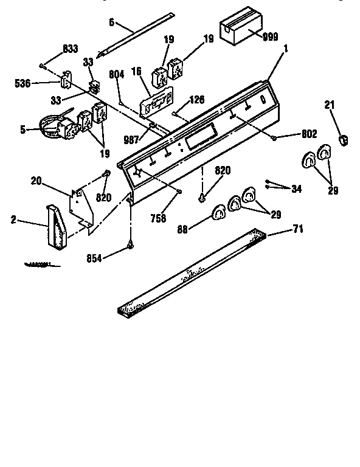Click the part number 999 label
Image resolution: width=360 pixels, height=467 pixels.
click(271, 37)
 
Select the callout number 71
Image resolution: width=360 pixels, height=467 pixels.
click(298, 229)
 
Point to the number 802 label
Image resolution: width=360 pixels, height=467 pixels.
click(308, 134)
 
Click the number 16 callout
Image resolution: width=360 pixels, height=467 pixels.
click(137, 72)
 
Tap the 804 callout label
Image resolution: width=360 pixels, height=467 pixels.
click(117, 74)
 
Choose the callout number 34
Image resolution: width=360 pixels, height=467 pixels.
click(296, 189)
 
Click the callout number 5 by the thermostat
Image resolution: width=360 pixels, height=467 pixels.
click(23, 129)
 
